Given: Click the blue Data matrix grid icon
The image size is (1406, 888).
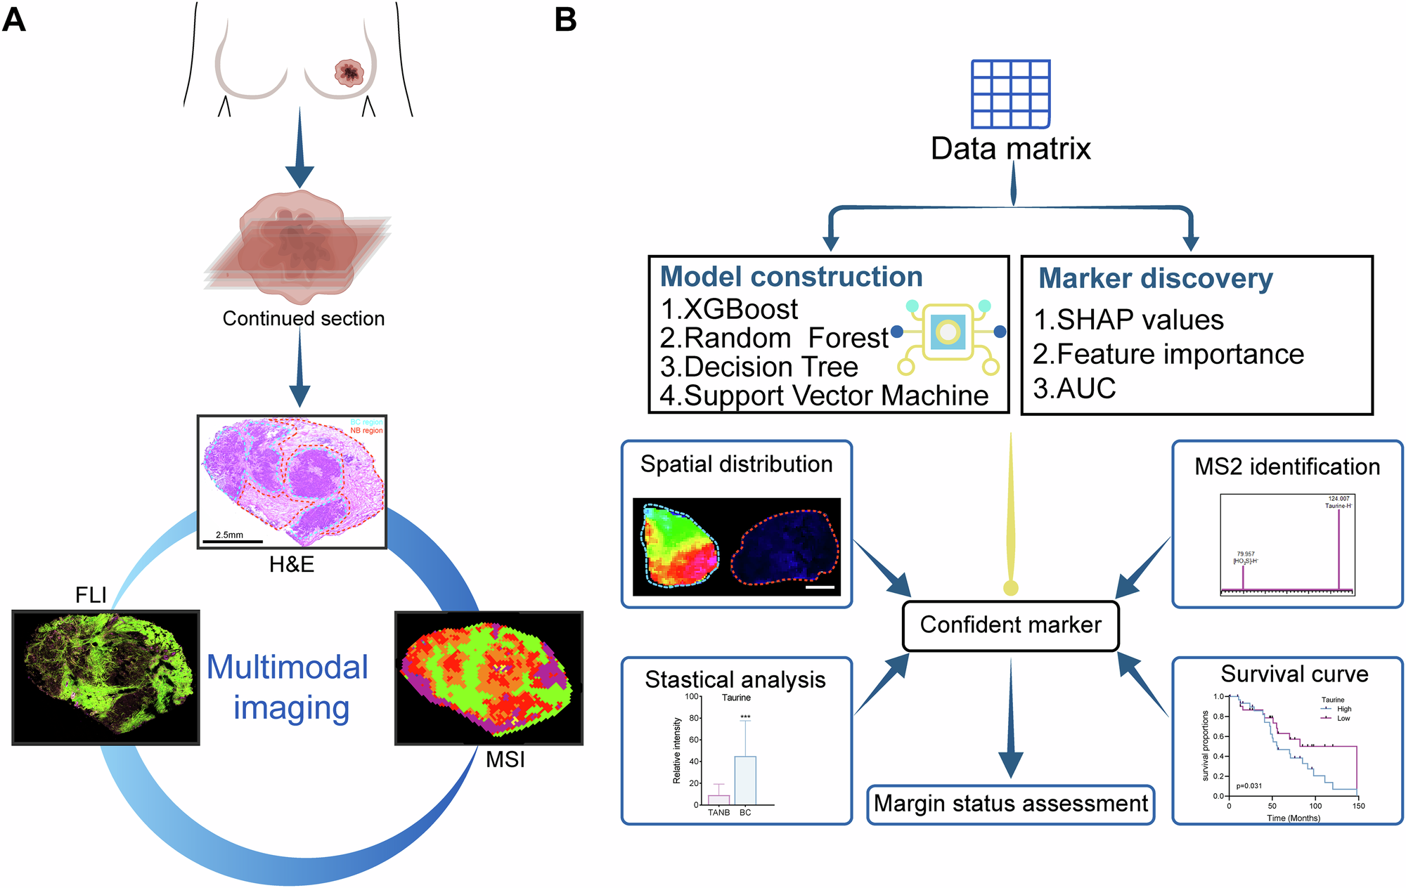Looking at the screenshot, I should (1010, 94).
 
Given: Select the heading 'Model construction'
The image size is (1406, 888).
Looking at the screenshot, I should (791, 277).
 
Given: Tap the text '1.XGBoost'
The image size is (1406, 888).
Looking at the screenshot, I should (729, 309).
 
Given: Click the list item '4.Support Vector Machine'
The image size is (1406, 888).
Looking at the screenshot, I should (824, 396).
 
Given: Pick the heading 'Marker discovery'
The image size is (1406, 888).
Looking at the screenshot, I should (1156, 278).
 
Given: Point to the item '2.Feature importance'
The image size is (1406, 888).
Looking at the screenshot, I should (1168, 354).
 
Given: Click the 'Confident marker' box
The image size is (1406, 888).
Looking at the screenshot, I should (1010, 625).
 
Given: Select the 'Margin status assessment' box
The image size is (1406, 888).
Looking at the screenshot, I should (1010, 804).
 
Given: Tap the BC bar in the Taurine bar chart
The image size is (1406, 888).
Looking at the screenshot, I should (745, 780).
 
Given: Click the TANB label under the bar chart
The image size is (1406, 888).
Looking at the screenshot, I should (718, 813).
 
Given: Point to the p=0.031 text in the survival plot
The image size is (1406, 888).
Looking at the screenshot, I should (1249, 786).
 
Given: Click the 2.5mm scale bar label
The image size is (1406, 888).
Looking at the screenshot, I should (229, 535).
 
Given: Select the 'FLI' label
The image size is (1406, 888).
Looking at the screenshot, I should (91, 596).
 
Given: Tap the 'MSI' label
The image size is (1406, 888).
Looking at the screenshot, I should (505, 759).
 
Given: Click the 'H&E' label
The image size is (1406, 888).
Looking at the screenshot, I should (291, 564).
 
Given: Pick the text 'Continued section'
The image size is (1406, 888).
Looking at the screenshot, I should (304, 318).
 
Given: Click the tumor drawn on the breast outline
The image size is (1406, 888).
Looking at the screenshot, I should (348, 72).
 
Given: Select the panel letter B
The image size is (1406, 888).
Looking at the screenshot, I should (565, 20).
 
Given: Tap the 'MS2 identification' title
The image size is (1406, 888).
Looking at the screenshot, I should (1287, 466).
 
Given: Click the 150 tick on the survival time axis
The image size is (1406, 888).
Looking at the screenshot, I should (1358, 806).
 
